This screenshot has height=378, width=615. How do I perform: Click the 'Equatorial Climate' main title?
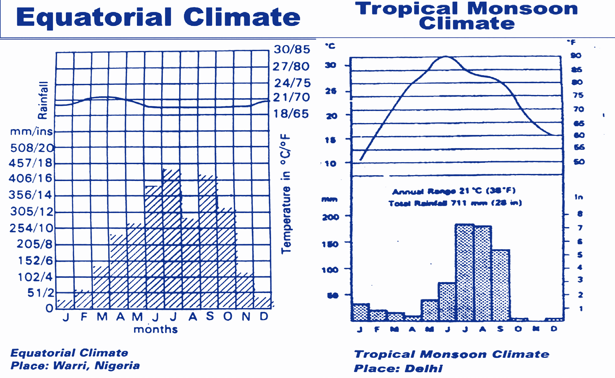click(158, 17)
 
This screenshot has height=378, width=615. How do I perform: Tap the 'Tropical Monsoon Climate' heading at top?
click(467, 16)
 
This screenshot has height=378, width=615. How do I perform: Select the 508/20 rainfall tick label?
click(32, 148)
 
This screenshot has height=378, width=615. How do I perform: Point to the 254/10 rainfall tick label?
click(32, 228)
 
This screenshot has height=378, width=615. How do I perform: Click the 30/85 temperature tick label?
click(292, 49)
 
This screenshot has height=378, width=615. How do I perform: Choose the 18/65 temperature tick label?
click(291, 114)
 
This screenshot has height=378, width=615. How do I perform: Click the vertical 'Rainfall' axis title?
click(43, 100)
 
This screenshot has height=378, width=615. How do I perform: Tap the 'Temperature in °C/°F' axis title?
click(286, 193)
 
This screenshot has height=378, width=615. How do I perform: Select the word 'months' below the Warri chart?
click(155, 329)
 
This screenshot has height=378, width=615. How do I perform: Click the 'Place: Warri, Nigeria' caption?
click(75, 366)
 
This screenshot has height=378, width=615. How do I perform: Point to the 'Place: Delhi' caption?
click(398, 368)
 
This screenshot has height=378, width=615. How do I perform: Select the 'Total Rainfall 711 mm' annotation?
click(455, 203)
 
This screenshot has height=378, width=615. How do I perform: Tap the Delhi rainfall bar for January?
click(360, 312)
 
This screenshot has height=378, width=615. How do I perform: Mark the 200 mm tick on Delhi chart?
click(331, 217)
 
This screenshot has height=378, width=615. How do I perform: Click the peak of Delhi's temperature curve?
click(446, 57)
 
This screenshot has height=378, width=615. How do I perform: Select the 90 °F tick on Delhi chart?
click(576, 56)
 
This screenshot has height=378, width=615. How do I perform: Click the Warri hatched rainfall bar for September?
click(208, 243)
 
